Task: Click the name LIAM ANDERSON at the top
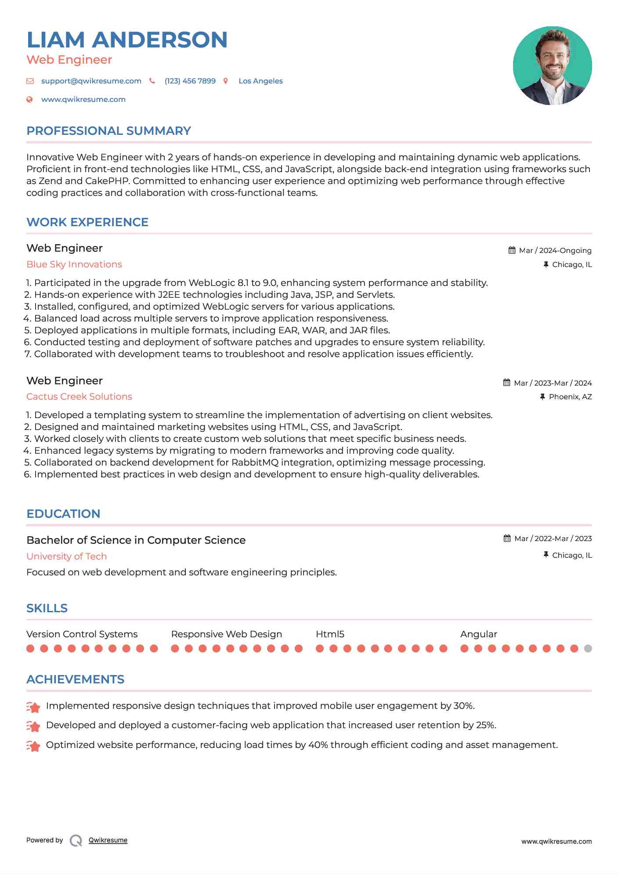[127, 40]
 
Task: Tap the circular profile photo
[552, 66]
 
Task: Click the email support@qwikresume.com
[91, 81]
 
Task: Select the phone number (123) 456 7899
[190, 81]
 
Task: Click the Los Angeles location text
[260, 81]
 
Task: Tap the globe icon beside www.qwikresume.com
[29, 99]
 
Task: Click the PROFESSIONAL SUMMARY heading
[108, 131]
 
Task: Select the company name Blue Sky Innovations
[74, 264]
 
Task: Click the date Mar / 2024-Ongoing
[555, 250]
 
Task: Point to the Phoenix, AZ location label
[570, 397]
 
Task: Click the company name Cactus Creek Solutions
[79, 397]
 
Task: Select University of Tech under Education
[67, 556]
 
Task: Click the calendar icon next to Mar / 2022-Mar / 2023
[507, 538]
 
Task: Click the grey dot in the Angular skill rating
[588, 648]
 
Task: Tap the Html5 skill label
[330, 634]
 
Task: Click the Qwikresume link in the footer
[108, 840]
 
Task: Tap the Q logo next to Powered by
[76, 841]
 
